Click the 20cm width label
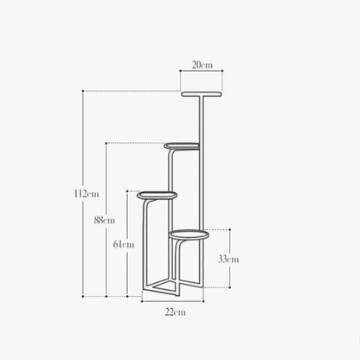click(x=202, y=64)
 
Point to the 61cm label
click(x=125, y=244)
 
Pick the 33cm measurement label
click(x=228, y=258)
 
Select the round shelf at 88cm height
click(x=183, y=145)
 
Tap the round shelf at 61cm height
click(x=157, y=195)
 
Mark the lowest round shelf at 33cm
click(x=190, y=233)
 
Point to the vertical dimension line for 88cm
click(x=106, y=182)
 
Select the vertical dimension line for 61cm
click(x=127, y=216)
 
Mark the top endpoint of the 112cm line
click(x=83, y=90)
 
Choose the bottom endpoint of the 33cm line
click(x=229, y=286)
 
